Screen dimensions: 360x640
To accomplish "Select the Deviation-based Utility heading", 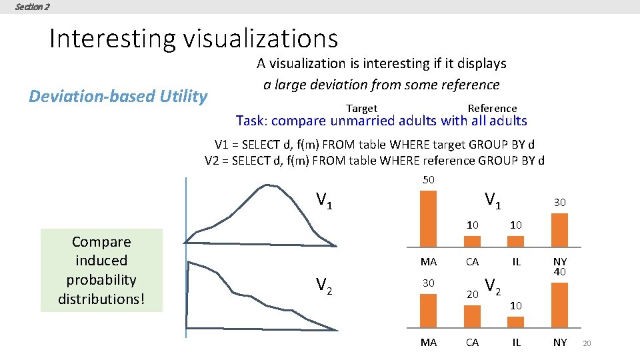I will [118, 97].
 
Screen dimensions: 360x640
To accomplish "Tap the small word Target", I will [361, 109].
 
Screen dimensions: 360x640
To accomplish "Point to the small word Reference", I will [492, 109].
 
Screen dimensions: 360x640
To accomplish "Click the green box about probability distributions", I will [101, 270].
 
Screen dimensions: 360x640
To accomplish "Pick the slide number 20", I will [587, 343].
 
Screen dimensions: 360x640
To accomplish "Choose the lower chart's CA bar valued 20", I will [472, 317].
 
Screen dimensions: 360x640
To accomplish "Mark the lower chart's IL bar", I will [515, 322].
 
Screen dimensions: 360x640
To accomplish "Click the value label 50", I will [429, 180].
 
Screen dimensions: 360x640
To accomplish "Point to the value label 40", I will [560, 272].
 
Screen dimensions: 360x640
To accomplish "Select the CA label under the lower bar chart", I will [472, 343].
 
